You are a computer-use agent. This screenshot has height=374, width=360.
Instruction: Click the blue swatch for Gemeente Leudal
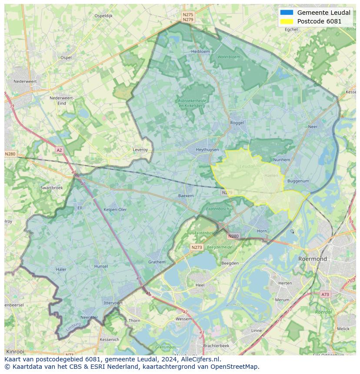pyautogui.click(x=287, y=13)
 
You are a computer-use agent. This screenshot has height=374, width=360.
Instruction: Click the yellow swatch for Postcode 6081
pyautogui.click(x=287, y=21)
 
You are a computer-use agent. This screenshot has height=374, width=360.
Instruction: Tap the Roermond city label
pyautogui.click(x=312, y=259)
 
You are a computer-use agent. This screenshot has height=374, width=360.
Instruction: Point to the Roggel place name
pyautogui.click(x=237, y=123)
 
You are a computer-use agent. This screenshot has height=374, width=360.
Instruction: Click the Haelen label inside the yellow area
pyautogui.click(x=271, y=175)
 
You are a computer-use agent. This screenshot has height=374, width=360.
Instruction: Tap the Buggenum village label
pyautogui.click(x=298, y=181)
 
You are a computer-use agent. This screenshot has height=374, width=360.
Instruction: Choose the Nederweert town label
pyautogui.click(x=25, y=81)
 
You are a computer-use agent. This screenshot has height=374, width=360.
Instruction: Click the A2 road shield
pyautogui.click(x=59, y=150)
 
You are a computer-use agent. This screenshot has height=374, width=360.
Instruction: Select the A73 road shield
pyautogui.click(x=325, y=295)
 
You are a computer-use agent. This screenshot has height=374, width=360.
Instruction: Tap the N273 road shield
pyautogui.click(x=197, y=247)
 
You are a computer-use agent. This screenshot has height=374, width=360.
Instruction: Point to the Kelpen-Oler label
pyautogui.click(x=115, y=209)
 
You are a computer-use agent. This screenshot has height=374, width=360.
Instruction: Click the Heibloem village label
pyautogui.click(x=200, y=51)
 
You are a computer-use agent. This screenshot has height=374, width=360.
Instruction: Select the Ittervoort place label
pyautogui.click(x=113, y=303)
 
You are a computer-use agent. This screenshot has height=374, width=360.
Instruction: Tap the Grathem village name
pyautogui.click(x=157, y=262)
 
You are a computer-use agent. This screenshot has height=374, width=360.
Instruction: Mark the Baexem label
pyautogui.click(x=186, y=196)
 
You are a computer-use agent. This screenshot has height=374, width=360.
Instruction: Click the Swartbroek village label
pyautogui.click(x=52, y=188)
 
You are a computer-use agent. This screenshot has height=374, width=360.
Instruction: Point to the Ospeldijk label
pyautogui.click(x=103, y=16)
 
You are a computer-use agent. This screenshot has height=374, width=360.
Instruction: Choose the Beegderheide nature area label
pyautogui.click(x=220, y=247)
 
